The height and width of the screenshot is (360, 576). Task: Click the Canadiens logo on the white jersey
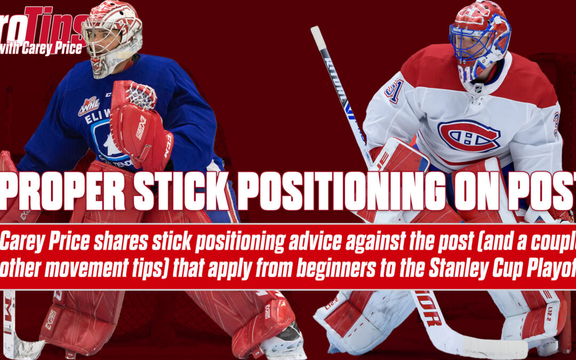coord(469,136)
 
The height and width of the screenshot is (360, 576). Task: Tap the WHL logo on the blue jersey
coord(88,106)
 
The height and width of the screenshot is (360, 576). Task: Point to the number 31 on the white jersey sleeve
coord(395,91)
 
